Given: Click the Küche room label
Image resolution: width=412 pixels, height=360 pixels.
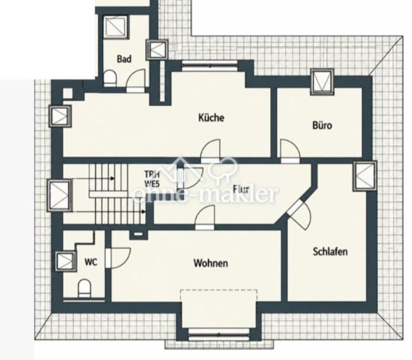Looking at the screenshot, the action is point(211,118).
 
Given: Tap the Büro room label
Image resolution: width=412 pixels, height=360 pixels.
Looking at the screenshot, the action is point(322,125).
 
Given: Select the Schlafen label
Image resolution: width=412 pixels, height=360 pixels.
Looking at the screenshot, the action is point(330,252).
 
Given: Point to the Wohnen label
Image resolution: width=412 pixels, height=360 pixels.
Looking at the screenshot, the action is point(211,263).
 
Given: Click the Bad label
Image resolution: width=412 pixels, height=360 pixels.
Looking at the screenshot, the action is point(124,59).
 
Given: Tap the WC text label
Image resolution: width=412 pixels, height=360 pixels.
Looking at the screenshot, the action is point(91,262).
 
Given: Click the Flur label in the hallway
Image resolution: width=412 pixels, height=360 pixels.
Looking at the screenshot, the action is point(241,189).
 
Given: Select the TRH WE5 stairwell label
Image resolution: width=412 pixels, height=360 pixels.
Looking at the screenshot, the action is point(152,179).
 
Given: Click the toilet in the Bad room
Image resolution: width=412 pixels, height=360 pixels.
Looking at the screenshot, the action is point(110,78).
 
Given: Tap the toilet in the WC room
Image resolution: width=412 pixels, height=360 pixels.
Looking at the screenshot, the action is point(85,288).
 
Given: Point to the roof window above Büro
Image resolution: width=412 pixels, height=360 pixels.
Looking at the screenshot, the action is point(322,82).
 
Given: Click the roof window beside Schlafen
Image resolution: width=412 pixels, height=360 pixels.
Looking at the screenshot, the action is point(365,176).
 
